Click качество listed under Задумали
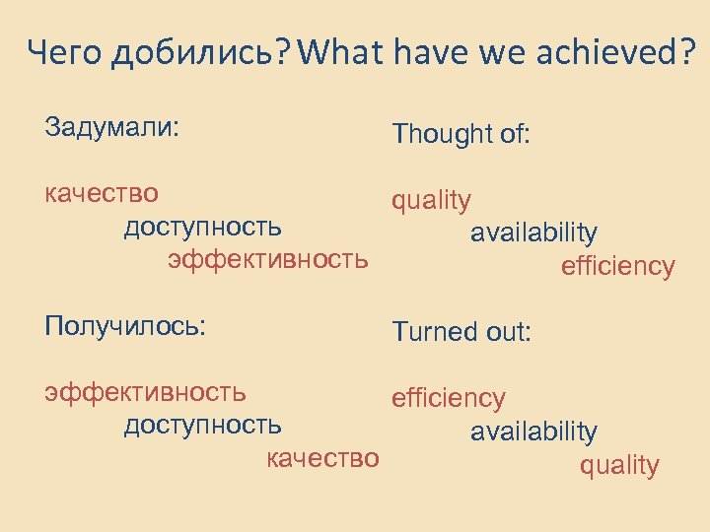pyautogui.click(x=102, y=193)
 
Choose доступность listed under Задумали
pyautogui.click(x=202, y=227)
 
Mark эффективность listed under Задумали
pyautogui.click(x=268, y=260)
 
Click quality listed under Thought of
pyautogui.click(x=431, y=201)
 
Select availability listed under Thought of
pyautogui.click(x=533, y=233)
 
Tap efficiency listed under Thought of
pyautogui.click(x=617, y=266)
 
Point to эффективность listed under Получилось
pyautogui.click(x=145, y=392)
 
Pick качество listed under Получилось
pyautogui.click(x=322, y=458)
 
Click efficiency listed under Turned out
pyautogui.click(x=449, y=398)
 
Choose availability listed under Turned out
pyautogui.click(x=533, y=432)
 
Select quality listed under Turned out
pyautogui.click(x=619, y=465)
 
